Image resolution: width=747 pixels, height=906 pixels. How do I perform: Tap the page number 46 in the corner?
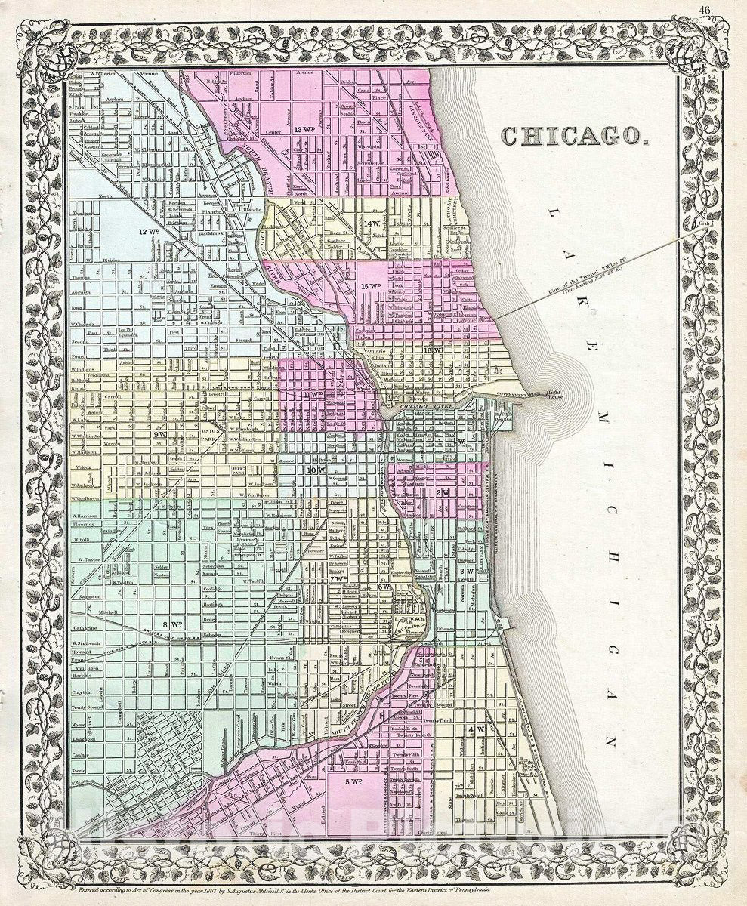[705, 9]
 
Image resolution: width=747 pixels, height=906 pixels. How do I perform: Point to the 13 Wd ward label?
[307, 129]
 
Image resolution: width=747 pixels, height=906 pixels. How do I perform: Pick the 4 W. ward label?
[475, 730]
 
